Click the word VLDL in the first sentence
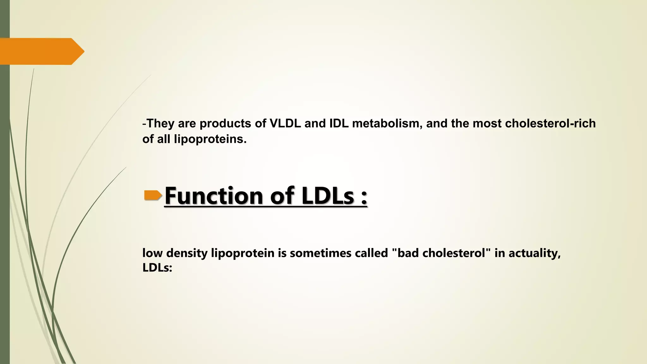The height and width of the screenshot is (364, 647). tap(285, 123)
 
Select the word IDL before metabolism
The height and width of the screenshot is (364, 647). tap(339, 123)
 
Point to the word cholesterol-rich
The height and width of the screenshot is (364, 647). tap(550, 123)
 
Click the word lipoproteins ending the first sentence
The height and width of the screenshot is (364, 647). tap(210, 139)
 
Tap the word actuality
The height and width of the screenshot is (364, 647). tap(534, 253)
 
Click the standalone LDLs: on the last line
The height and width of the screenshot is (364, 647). tap(157, 268)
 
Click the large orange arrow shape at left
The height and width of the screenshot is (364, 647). tap(41, 51)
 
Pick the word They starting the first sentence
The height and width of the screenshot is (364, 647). tap(160, 123)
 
